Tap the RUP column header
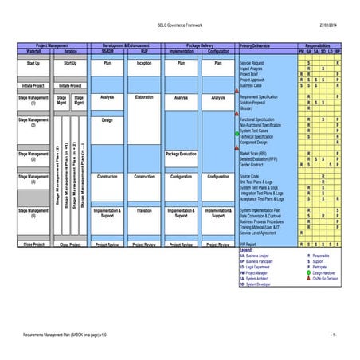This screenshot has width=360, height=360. coord(144,52)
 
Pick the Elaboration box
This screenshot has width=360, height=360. coord(144,98)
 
